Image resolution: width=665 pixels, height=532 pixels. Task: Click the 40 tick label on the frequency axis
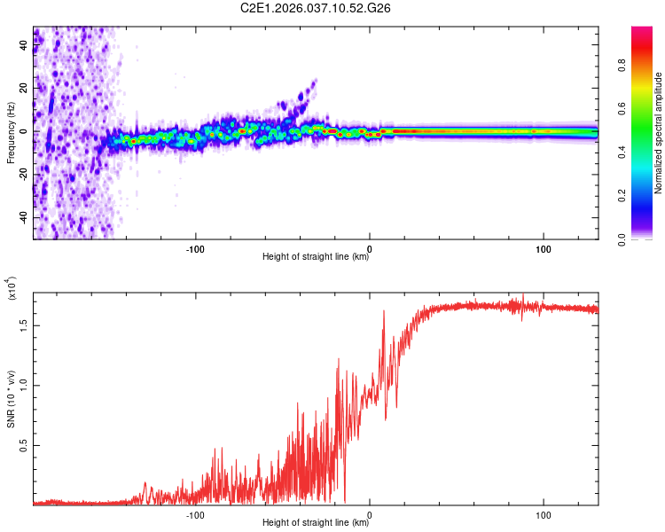[24, 46]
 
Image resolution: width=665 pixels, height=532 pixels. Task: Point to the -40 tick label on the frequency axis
[22, 217]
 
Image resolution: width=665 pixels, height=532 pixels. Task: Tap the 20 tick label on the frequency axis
[24, 89]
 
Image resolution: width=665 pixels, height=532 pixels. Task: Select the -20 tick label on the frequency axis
[22, 175]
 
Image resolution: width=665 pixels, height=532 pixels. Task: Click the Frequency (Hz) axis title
[11, 133]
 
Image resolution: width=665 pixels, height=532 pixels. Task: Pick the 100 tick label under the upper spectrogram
[544, 248]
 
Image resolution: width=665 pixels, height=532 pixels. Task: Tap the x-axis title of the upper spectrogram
[316, 257]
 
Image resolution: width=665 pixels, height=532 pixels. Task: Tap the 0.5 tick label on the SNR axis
[25, 445]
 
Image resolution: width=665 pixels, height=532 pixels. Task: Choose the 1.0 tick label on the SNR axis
[25, 385]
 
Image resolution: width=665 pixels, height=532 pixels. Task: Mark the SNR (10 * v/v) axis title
[11, 399]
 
